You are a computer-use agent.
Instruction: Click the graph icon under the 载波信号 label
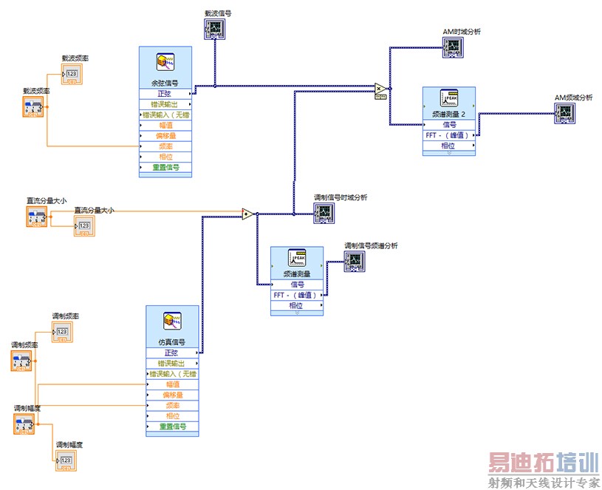click(x=214, y=28)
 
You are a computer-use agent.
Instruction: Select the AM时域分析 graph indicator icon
click(x=452, y=47)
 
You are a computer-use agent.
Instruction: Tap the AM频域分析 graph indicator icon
click(x=565, y=112)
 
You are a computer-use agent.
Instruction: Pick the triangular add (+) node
click(x=248, y=214)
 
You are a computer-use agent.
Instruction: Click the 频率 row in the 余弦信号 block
click(x=165, y=146)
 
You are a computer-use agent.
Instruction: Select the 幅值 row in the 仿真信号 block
click(x=173, y=384)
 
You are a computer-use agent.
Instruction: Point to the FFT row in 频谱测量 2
click(x=448, y=135)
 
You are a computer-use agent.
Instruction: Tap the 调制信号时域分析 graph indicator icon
click(x=324, y=212)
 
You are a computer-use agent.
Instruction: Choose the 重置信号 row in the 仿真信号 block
click(x=173, y=426)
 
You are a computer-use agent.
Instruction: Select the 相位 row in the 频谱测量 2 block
click(x=448, y=146)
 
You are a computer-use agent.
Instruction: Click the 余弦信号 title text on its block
click(x=165, y=83)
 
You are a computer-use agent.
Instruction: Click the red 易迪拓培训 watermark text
click(x=543, y=463)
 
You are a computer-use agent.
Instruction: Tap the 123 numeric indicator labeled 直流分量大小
click(x=84, y=225)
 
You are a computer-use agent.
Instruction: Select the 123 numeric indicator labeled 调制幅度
click(x=66, y=460)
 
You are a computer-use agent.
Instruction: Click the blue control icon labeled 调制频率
click(x=21, y=361)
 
